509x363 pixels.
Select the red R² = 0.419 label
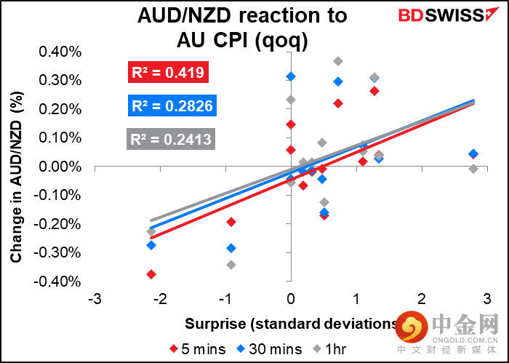pos(169,72)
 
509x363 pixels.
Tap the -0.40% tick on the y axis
pos(65,282)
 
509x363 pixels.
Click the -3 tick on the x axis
pos(94,300)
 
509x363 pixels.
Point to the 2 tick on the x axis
pos(421,300)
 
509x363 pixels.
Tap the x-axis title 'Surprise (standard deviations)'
pos(291,324)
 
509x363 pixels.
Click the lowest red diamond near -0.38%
pos(151,274)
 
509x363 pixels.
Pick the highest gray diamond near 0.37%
pos(338,61)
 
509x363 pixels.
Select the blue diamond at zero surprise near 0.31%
pos(291,76)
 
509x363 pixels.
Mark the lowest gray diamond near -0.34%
pos(231,265)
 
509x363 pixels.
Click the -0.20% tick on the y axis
pos(65,224)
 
